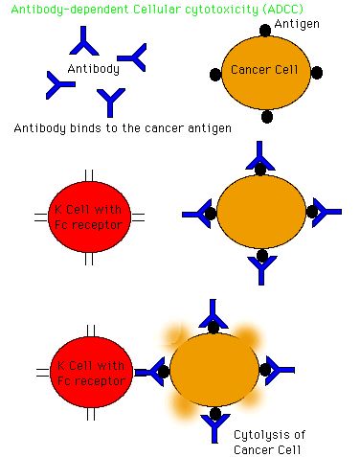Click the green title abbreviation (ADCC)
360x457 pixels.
tap(282, 9)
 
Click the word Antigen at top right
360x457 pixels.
tap(297, 24)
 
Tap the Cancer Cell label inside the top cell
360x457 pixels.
tap(264, 70)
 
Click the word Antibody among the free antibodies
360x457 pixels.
tap(94, 69)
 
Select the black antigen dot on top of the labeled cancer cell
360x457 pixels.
tap(265, 31)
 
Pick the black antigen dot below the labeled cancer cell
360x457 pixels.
tap(267, 117)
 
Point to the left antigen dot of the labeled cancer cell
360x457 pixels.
tap(215, 74)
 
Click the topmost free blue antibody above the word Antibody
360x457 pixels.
tap(84, 42)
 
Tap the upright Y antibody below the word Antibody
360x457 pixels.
tap(110, 102)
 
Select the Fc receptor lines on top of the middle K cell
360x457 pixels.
tap(89, 175)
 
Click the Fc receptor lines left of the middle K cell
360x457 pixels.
tap(41, 217)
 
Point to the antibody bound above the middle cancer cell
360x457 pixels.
tap(259, 157)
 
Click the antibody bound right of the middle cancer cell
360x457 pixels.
tap(326, 212)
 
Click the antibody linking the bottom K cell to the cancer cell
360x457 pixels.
tap(149, 372)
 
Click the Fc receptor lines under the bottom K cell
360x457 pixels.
tap(91, 414)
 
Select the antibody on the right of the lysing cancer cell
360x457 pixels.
tap(280, 371)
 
